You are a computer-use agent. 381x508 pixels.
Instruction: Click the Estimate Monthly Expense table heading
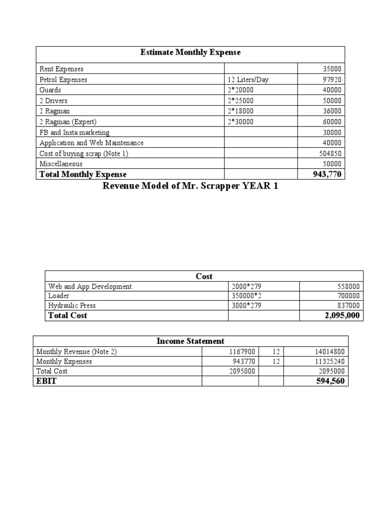tap(190, 53)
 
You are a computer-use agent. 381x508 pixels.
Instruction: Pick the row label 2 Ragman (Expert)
tap(68, 122)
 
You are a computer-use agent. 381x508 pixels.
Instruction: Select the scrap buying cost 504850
tap(330, 154)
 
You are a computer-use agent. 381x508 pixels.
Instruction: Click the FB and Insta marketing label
tap(74, 132)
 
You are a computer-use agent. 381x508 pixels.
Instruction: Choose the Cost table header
tap(204, 276)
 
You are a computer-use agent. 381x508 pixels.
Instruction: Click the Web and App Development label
tap(90, 286)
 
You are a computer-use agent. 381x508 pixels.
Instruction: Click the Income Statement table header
tap(190, 341)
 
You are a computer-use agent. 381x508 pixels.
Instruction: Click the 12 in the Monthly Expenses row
tap(276, 362)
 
